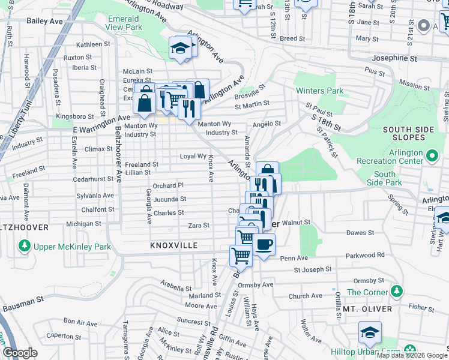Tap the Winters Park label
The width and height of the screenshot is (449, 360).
(x=319, y=91)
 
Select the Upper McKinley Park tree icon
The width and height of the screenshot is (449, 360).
(x=24, y=246)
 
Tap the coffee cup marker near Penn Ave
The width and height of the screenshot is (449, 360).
(x=264, y=245)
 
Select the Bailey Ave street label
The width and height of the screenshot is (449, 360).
(x=45, y=20)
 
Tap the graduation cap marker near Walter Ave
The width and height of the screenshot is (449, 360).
(x=370, y=332)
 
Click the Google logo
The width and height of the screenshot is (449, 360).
(x=20, y=353)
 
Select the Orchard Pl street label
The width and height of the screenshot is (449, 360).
(x=167, y=186)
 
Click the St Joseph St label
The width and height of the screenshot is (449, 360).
(x=313, y=270)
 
